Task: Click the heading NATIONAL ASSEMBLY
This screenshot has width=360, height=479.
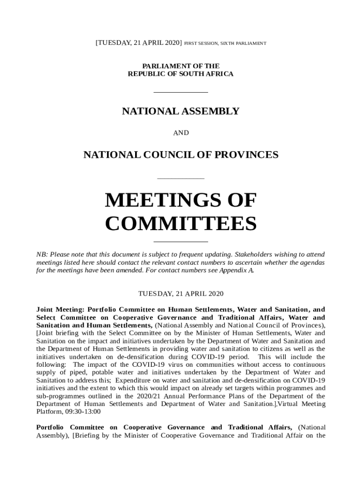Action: (180, 111)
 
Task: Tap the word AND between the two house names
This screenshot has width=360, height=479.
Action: (181, 133)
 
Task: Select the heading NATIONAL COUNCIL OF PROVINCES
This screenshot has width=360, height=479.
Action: (180, 154)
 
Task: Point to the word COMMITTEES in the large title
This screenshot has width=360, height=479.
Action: (180, 224)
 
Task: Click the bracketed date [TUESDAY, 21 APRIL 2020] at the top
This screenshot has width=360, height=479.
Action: (138, 43)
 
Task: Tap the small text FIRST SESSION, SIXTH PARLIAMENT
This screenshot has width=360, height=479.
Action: (225, 44)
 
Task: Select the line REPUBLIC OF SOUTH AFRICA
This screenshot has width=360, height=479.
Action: (180, 74)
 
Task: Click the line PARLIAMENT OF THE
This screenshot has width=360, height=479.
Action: (180, 66)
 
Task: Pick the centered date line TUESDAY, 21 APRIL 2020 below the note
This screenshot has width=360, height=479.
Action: (180, 294)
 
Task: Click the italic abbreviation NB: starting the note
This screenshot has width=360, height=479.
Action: (42, 254)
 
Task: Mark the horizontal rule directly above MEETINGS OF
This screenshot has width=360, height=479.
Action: (180, 178)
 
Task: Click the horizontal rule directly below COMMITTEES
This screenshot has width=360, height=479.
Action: (180, 242)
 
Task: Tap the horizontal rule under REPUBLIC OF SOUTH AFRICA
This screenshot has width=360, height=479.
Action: (180, 92)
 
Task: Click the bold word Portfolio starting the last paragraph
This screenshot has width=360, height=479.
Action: (50, 428)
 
